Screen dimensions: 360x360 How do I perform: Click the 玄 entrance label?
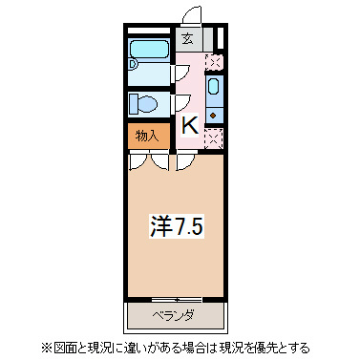187,39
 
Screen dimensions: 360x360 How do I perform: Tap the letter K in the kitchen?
189,124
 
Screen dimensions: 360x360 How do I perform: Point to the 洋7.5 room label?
178,226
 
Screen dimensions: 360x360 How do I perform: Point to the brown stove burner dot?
215,113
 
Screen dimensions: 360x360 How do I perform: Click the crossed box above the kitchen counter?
215,63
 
